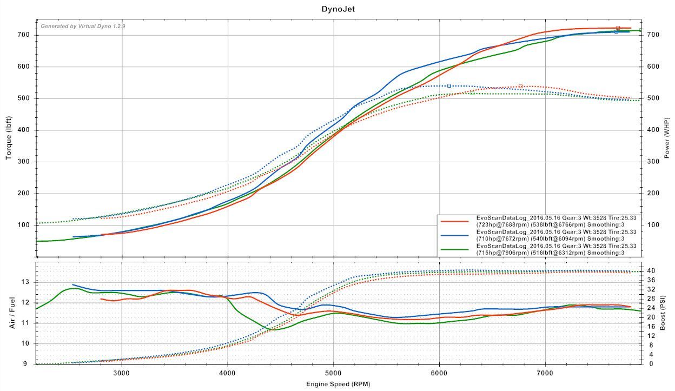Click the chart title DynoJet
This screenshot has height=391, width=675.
(x=338, y=9)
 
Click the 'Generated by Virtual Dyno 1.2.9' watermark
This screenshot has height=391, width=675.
(x=83, y=26)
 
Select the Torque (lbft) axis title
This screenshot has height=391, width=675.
(x=9, y=139)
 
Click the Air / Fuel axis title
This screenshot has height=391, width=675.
(x=12, y=313)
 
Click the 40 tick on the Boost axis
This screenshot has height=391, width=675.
(x=652, y=271)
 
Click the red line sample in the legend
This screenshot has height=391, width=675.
(x=455, y=221)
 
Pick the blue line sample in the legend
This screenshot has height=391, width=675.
(x=455, y=235)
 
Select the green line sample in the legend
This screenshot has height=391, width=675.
(x=455, y=249)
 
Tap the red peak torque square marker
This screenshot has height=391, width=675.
(x=520, y=86)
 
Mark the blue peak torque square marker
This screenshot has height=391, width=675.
(x=449, y=85)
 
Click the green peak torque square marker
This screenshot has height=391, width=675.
(x=472, y=93)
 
